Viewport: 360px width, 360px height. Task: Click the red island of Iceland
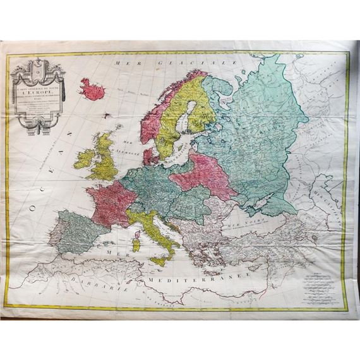[92, 90]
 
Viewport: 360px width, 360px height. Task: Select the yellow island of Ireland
[84, 157]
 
